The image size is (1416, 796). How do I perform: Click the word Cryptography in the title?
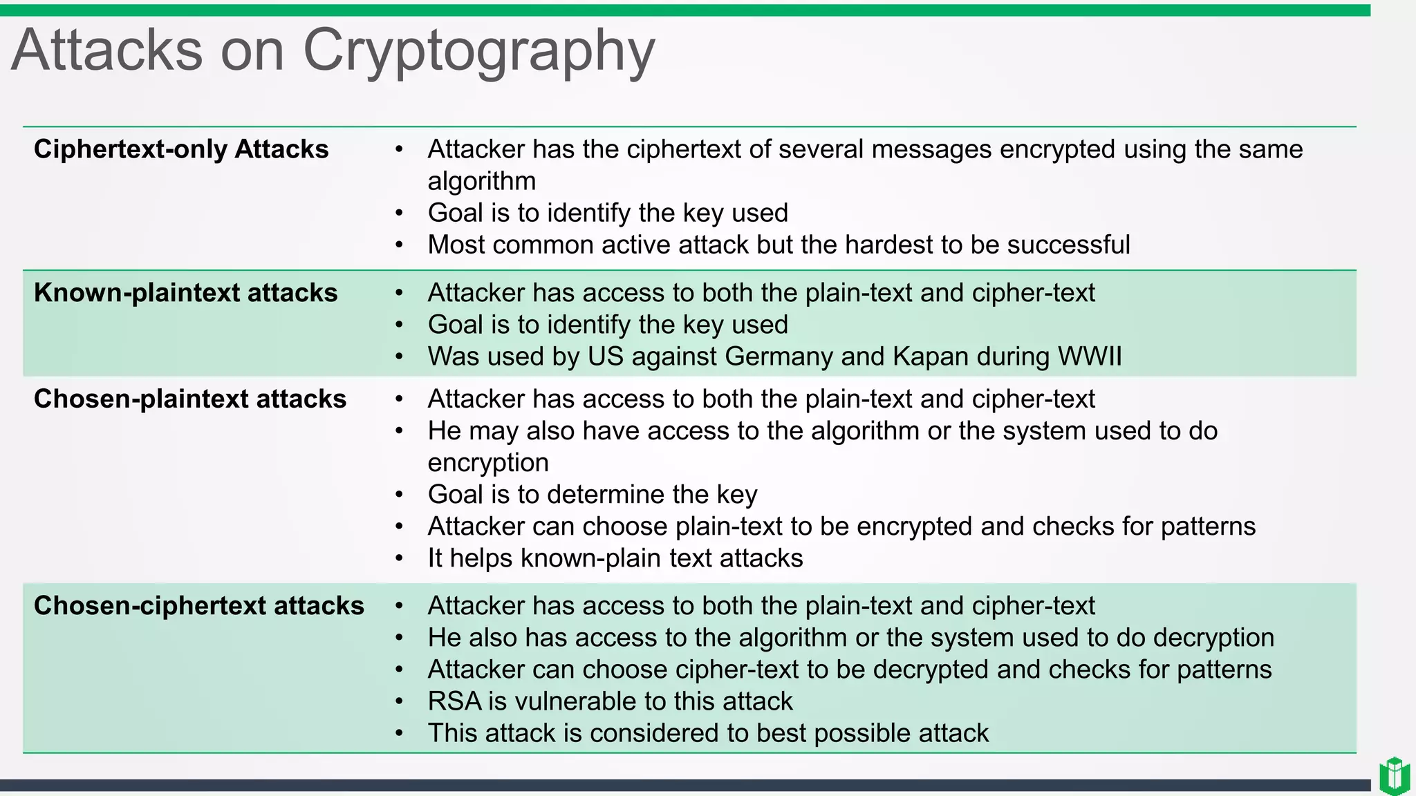coord(478,52)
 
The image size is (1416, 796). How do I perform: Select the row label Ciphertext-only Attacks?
coord(181,149)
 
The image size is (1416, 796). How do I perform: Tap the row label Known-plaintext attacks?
coord(185,293)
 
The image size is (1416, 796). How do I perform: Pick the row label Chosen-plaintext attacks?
coord(190,399)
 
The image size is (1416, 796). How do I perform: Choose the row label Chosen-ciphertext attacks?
coord(199,606)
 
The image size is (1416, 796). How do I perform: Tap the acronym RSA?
coord(454,701)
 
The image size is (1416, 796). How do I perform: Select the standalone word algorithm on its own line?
coord(482,181)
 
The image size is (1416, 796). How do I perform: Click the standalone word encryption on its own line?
coord(488,463)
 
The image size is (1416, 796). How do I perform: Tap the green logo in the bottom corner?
coord(1394,776)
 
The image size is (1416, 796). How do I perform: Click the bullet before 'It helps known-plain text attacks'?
coord(399,558)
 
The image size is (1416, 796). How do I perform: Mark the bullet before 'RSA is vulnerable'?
coord(399,701)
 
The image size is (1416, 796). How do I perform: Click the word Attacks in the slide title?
coord(107,50)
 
